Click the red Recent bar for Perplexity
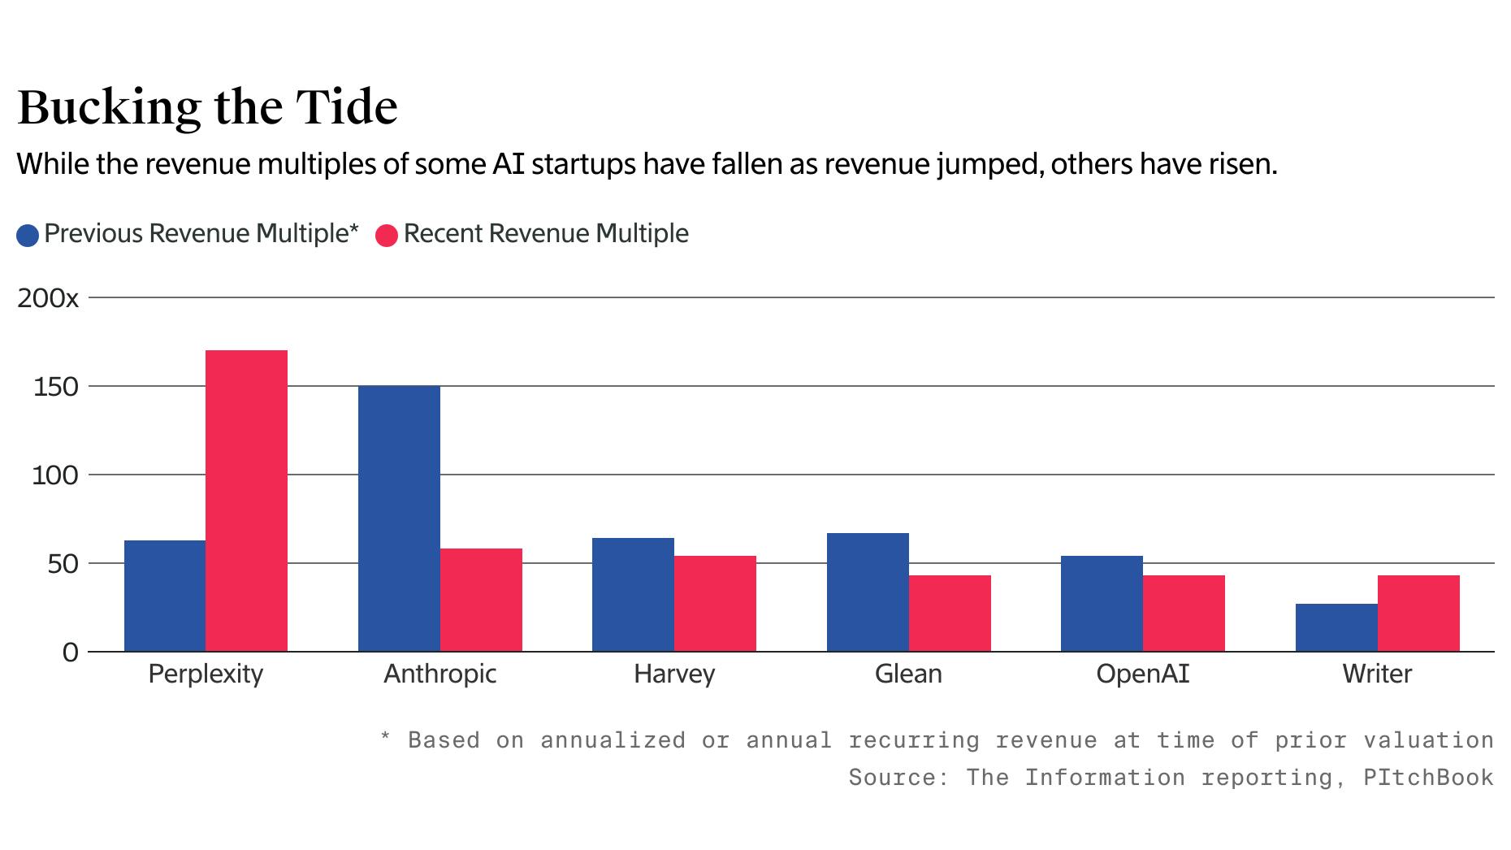pyautogui.click(x=246, y=501)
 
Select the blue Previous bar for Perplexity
pyautogui.click(x=165, y=596)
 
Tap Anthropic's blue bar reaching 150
pyautogui.click(x=399, y=518)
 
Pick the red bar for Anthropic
pyautogui.click(x=481, y=600)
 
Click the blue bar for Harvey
pyautogui.click(x=633, y=595)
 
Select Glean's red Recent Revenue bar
pyautogui.click(x=950, y=614)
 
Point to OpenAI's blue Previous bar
pyautogui.click(x=1102, y=604)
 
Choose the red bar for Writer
pyautogui.click(x=1418, y=614)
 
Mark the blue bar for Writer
pyautogui.click(x=1336, y=627)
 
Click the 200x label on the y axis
pyautogui.click(x=48, y=298)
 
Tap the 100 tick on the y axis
pyautogui.click(x=55, y=475)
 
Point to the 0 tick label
pyautogui.click(x=70, y=653)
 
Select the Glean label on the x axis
pyautogui.click(x=908, y=674)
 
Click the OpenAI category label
pyautogui.click(x=1142, y=674)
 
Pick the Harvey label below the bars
pyautogui.click(x=674, y=674)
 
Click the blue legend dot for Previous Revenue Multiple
pyautogui.click(x=28, y=236)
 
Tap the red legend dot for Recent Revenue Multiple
pyautogui.click(x=387, y=236)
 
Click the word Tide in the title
pyautogui.click(x=346, y=106)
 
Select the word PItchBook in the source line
pyautogui.click(x=1428, y=778)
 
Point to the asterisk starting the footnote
pyautogui.click(x=387, y=738)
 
